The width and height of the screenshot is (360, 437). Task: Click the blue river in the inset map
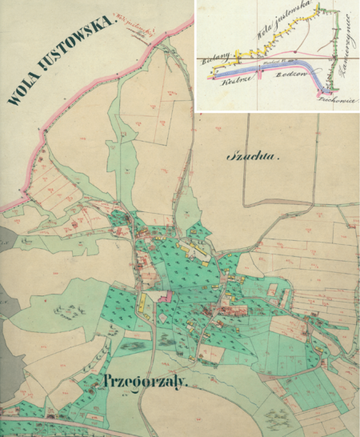tap(264, 69)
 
